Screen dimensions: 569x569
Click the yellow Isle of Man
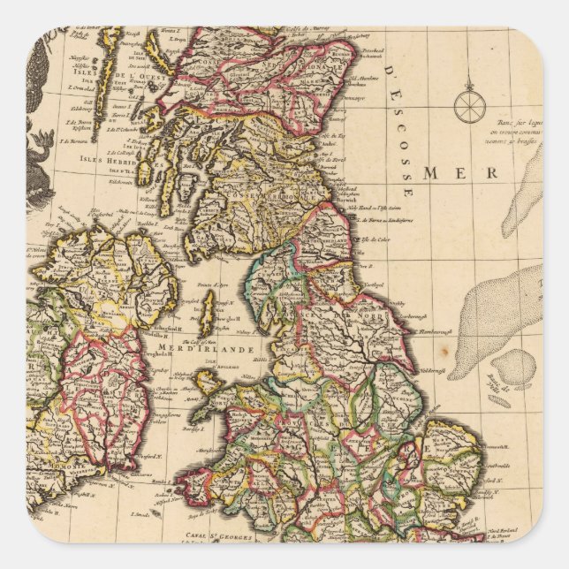[x=208, y=314]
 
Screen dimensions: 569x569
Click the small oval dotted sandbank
[x=518, y=365]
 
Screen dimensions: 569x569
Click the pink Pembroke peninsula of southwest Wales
[x=194, y=483]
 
